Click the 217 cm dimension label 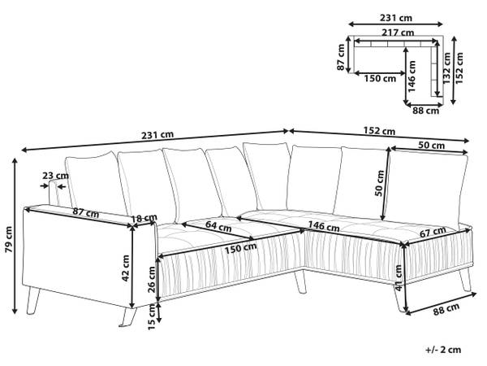point(398,33)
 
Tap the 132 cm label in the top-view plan point(446,68)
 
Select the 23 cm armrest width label point(55,176)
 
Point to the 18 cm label point(144,219)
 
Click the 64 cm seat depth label point(218,226)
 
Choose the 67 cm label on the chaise point(433,232)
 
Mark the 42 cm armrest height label point(126,268)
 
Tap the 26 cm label point(152,279)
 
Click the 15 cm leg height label point(151,317)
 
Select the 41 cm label point(399,277)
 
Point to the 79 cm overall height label point(9,239)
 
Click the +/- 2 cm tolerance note point(443,350)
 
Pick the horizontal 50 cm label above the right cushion point(432,146)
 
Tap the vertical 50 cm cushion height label point(380,183)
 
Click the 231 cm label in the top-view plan point(396,18)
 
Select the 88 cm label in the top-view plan point(426,111)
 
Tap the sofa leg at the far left point(32,301)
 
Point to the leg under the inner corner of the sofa point(300,281)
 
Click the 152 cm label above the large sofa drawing point(379,131)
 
